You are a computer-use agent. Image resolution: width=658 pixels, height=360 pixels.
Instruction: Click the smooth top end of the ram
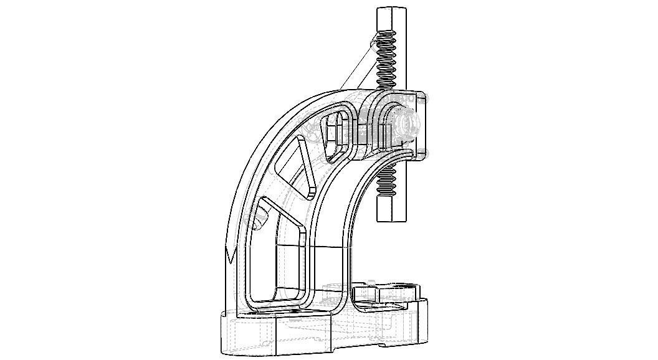(x=391, y=19)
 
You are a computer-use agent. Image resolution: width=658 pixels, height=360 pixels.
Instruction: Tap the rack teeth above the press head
(x=386, y=60)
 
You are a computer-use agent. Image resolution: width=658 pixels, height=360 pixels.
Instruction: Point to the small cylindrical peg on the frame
(x=255, y=218)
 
